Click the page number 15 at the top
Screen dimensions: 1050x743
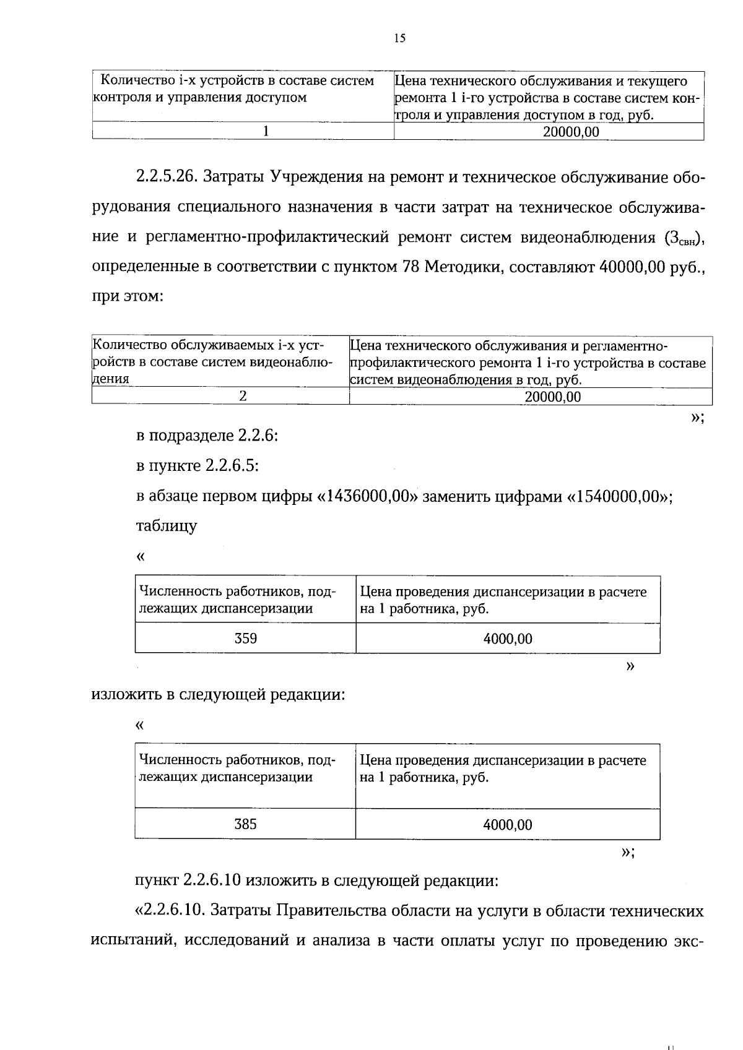399,38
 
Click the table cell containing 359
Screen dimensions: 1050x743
246,638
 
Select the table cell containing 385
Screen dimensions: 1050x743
246,824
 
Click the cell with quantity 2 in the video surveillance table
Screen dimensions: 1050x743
243,397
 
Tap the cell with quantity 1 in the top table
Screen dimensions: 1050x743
266,132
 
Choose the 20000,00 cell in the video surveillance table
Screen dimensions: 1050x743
553,397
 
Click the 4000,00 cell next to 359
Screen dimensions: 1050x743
508,639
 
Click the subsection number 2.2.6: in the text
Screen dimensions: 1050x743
257,436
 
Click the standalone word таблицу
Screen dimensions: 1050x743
166,527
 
